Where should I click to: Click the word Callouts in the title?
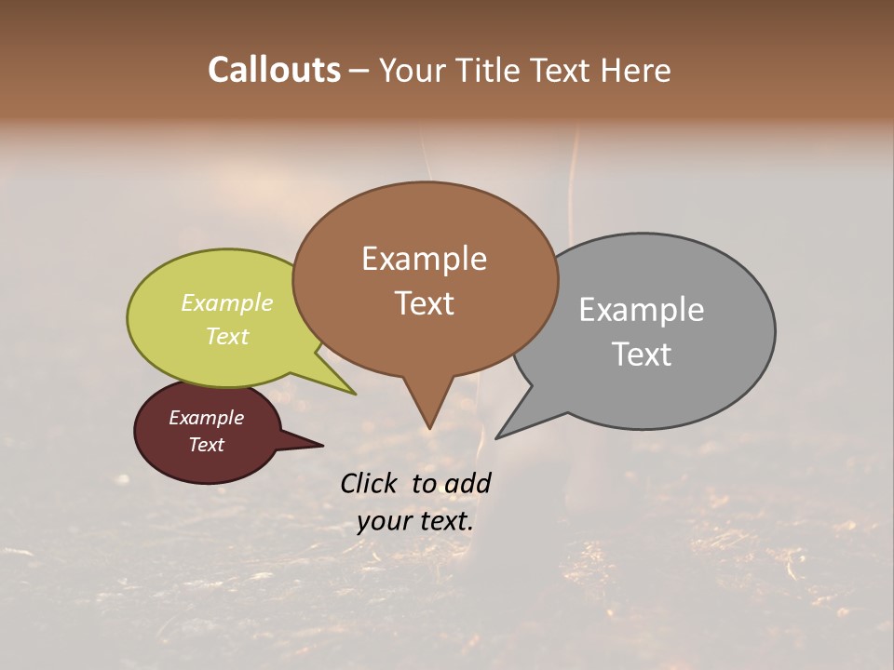(x=274, y=70)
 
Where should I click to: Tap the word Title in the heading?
(x=488, y=70)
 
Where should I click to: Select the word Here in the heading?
(x=636, y=70)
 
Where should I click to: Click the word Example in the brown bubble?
(x=424, y=259)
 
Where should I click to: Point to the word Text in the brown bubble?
(x=424, y=303)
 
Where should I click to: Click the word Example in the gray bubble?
(x=641, y=310)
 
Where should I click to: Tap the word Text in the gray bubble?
(x=642, y=355)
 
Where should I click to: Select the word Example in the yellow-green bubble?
(x=226, y=303)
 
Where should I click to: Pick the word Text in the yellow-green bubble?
(x=226, y=336)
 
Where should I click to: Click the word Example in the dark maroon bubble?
(x=206, y=418)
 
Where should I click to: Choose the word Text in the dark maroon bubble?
(x=206, y=445)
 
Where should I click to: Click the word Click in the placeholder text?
(x=370, y=483)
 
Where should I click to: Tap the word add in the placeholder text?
(x=467, y=483)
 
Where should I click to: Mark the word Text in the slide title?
(x=562, y=70)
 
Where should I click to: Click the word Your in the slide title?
(x=413, y=70)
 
